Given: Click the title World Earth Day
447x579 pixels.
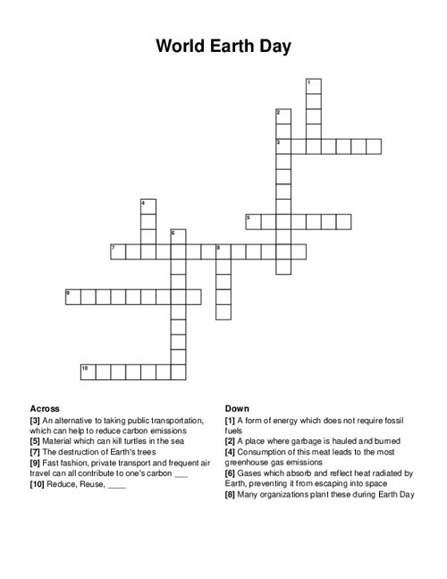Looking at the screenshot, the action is [223, 47].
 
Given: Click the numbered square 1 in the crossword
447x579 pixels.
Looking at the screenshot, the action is [313, 86].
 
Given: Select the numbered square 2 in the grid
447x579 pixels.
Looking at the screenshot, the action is [283, 116].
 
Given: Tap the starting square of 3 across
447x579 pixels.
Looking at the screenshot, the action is [283, 146].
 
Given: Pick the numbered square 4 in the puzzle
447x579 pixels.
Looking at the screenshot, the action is [148, 207].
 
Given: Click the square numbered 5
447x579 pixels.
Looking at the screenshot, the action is [253, 221].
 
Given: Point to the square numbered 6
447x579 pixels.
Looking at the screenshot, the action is [178, 236].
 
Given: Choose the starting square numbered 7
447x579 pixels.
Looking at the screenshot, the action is [118, 251].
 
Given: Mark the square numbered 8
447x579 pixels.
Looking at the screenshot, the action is [223, 251].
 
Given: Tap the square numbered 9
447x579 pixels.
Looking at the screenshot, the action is [73, 296].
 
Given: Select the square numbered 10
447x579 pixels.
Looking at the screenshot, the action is [88, 371].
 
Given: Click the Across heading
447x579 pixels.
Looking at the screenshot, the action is [45, 408].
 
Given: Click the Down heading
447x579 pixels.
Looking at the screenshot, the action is [237, 408].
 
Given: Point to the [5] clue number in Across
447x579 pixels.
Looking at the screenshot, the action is [36, 441].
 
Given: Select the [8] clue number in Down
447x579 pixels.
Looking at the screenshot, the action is [232, 495].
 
